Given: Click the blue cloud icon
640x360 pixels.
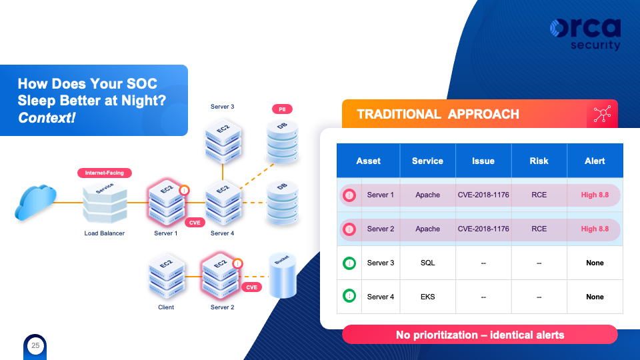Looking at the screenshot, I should (34, 202).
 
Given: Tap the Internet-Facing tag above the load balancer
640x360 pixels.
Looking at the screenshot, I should (105, 173).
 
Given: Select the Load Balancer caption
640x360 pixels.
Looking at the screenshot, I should (105, 233).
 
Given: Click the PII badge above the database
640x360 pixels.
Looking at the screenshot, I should (283, 109).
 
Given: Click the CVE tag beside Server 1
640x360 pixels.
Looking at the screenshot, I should (195, 223).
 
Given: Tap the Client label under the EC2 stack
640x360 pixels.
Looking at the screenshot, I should (166, 307).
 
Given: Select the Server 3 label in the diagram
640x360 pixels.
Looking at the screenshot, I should (222, 107).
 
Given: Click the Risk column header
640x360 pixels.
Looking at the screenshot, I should (539, 161).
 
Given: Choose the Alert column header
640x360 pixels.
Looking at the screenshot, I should (595, 161).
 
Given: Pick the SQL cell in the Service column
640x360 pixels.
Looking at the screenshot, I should (427, 263).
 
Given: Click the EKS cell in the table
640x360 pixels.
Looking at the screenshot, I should (427, 297).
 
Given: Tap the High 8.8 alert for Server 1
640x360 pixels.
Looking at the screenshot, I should (595, 195).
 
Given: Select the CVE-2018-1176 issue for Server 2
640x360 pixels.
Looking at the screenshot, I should (483, 229).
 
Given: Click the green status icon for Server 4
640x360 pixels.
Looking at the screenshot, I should (349, 296).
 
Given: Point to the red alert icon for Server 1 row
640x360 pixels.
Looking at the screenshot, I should (349, 195).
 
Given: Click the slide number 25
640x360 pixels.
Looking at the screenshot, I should (35, 345).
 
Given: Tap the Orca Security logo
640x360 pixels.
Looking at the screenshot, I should (585, 34).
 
